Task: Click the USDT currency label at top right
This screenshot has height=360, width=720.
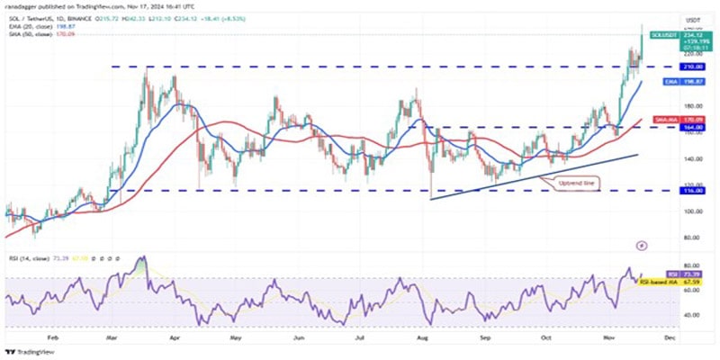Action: [693, 20]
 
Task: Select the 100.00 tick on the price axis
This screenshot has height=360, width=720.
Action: [692, 211]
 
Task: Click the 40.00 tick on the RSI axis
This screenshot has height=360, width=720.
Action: [691, 315]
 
